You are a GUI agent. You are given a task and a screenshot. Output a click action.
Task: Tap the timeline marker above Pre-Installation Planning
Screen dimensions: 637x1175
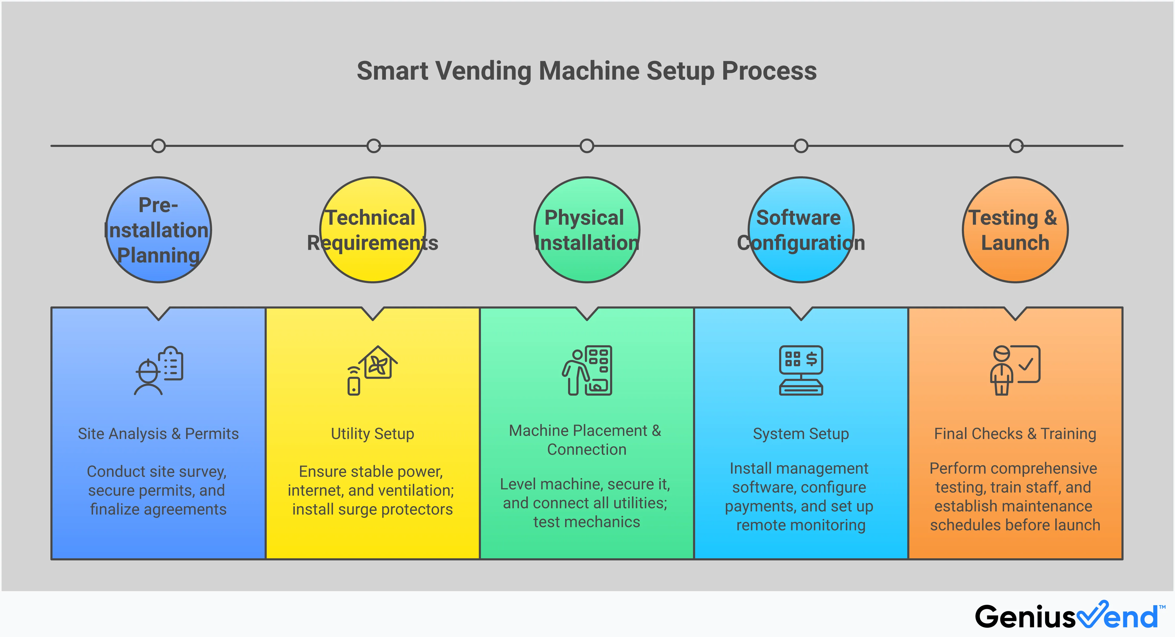(158, 146)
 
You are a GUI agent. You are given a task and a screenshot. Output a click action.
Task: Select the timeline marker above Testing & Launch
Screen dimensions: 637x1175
(1016, 146)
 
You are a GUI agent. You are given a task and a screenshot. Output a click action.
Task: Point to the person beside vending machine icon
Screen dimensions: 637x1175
(587, 370)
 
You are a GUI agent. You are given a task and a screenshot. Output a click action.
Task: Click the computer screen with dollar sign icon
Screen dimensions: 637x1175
(801, 370)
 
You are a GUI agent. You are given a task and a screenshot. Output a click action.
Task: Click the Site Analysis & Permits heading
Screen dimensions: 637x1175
(158, 434)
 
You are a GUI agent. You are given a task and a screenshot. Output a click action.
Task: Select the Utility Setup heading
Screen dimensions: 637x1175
(373, 434)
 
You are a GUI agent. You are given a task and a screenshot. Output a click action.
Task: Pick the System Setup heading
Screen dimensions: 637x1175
(801, 434)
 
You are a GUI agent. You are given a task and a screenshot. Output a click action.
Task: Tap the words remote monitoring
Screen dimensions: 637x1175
(801, 525)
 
